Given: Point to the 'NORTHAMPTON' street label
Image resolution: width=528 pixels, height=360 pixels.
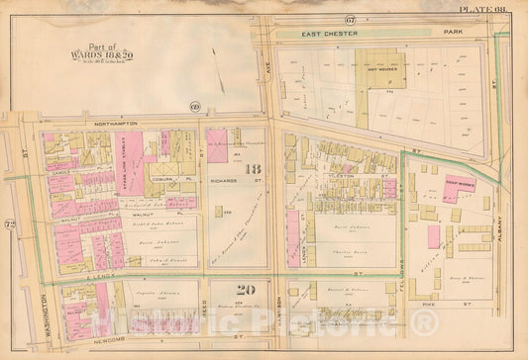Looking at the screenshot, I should coord(105,124).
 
